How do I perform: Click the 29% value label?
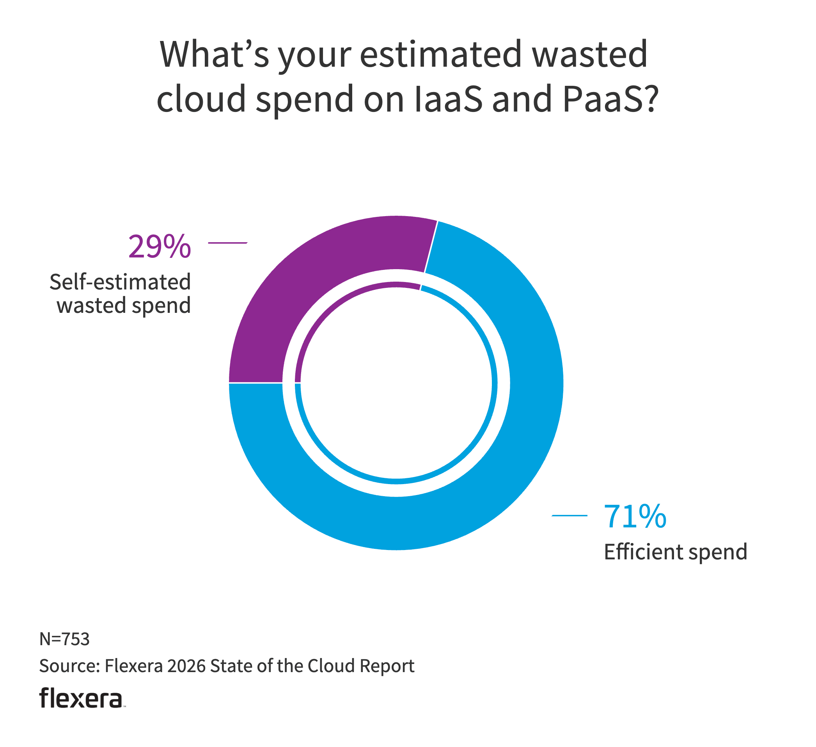tap(159, 247)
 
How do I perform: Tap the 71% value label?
tap(634, 516)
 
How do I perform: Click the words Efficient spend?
tap(675, 552)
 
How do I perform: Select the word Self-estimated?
tap(120, 282)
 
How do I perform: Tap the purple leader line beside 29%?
tap(227, 243)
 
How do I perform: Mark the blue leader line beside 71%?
tap(569, 515)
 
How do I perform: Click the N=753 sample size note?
tap(64, 639)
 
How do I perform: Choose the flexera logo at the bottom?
tap(81, 698)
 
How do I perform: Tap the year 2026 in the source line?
tap(186, 666)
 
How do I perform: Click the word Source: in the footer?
tap(69, 666)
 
